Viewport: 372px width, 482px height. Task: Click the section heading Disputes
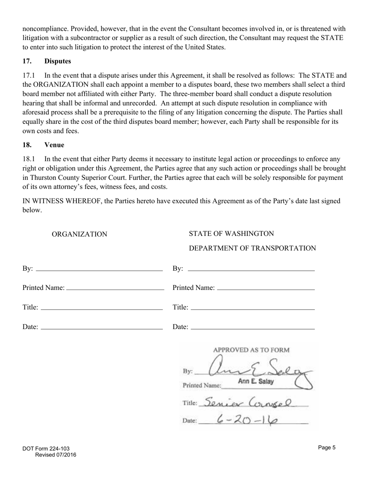pos(58,61)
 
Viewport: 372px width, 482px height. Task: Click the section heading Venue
pos(54,145)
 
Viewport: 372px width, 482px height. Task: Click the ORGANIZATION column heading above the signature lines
pos(79,234)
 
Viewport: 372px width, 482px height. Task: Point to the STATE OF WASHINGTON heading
pos(231,234)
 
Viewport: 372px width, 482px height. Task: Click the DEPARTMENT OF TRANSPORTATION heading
pos(252,248)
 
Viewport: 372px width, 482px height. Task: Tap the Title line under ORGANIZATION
pos(101,308)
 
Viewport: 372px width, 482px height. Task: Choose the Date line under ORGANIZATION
pos(101,327)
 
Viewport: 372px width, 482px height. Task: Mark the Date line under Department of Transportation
pos(253,327)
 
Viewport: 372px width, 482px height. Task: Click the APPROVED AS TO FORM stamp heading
pos(251,350)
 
